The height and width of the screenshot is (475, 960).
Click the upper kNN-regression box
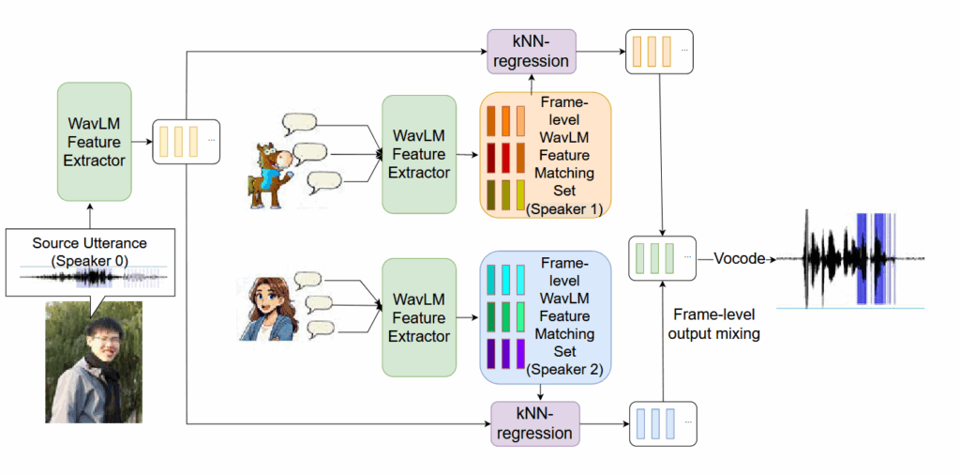coord(530,51)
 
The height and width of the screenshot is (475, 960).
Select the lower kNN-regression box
coord(535,422)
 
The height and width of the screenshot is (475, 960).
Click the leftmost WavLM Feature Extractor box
coord(94,141)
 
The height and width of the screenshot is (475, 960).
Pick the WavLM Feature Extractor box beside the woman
coord(419,317)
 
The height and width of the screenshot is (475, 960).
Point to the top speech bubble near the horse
coord(299,123)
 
